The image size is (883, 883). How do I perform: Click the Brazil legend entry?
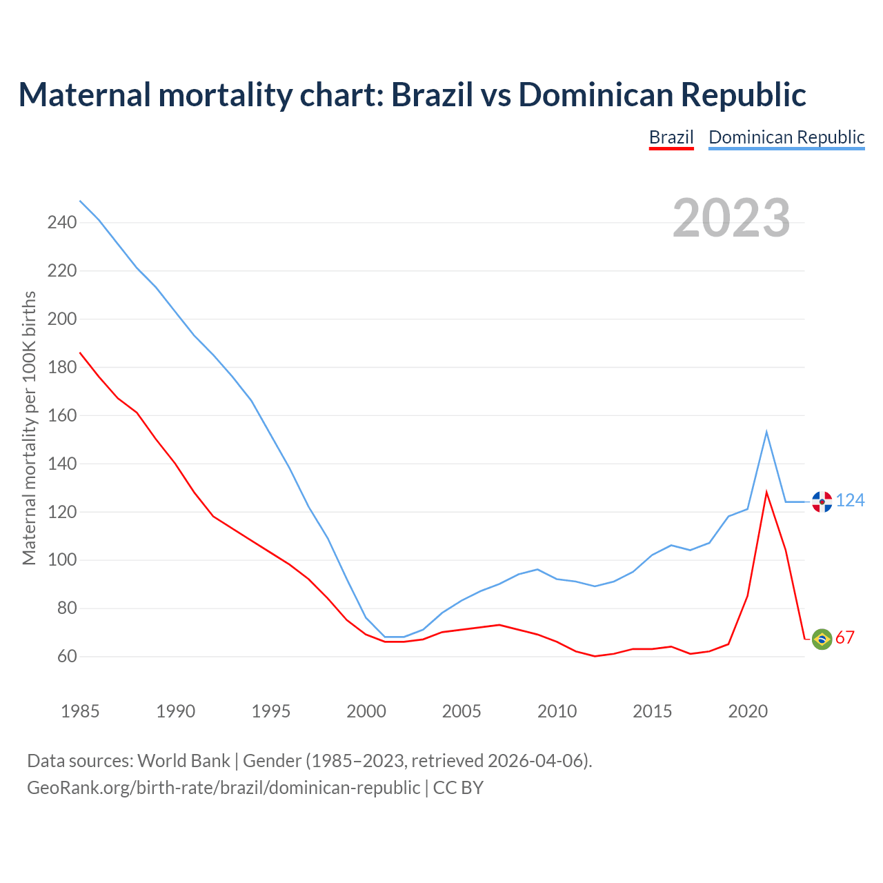[x=671, y=137]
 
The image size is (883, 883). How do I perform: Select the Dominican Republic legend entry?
[x=786, y=137]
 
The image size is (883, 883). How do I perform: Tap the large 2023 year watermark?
[x=731, y=218]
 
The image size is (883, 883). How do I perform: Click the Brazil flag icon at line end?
[x=822, y=639]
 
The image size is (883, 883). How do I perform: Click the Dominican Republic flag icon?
[x=822, y=502]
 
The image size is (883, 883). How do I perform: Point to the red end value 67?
[x=845, y=638]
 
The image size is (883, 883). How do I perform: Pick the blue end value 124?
[x=850, y=500]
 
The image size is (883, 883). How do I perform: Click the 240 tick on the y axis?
[x=62, y=222]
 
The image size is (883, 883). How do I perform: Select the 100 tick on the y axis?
[x=62, y=560]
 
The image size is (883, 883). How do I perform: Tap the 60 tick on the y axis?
[x=67, y=656]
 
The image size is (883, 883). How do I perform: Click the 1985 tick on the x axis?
[x=80, y=711]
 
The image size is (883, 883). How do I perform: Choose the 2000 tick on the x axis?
[x=366, y=711]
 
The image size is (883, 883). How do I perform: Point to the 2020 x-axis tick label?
[x=748, y=711]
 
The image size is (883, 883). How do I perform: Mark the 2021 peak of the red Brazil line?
[x=766, y=492]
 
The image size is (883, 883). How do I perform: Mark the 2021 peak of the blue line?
[x=766, y=432]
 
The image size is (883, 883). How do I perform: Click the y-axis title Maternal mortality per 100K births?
[x=29, y=428]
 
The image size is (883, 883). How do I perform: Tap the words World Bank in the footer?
[x=183, y=761]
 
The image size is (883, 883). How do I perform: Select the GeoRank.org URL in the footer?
[x=224, y=788]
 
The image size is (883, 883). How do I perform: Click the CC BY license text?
[x=458, y=788]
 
